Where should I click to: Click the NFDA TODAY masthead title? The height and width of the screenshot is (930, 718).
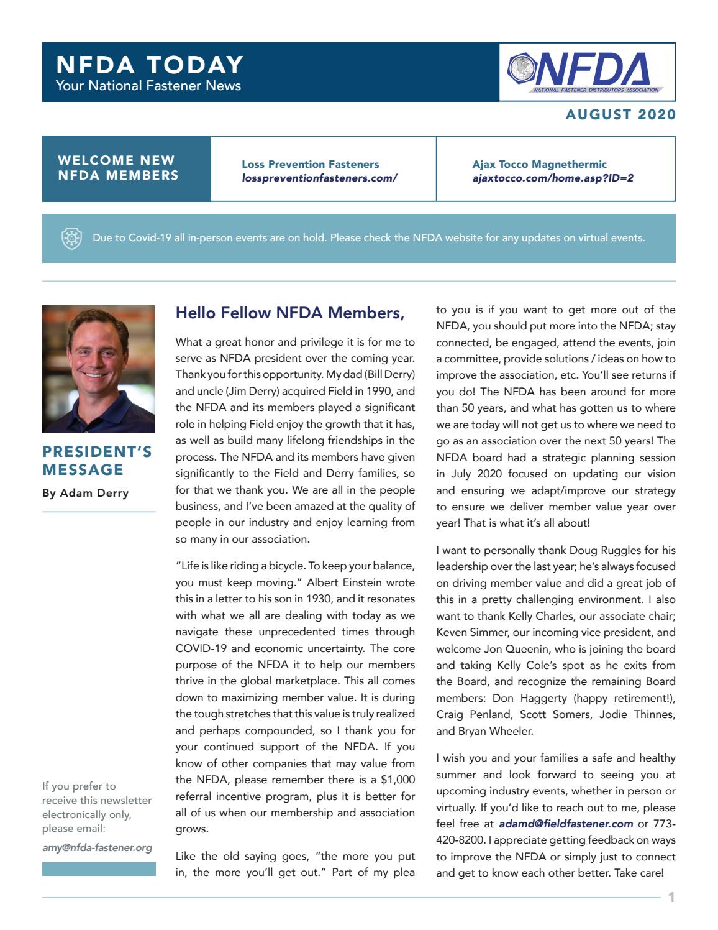tap(149, 65)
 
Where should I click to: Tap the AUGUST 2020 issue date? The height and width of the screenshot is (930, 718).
tap(620, 115)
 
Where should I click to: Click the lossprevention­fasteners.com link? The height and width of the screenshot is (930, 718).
tap(319, 178)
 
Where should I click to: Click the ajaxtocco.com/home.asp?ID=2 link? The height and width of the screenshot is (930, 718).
tap(553, 178)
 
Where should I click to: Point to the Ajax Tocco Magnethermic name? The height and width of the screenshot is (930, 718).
tap(539, 165)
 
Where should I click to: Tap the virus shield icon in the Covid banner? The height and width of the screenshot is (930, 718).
tap(71, 238)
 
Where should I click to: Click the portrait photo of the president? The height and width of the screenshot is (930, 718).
tap(98, 369)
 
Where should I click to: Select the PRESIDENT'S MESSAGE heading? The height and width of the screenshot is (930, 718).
tap(97, 461)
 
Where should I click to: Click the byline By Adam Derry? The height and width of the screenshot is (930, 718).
tap(86, 493)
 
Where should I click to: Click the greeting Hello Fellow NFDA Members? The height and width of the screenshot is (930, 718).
tap(290, 313)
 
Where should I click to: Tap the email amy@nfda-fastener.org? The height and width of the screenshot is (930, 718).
tap(97, 847)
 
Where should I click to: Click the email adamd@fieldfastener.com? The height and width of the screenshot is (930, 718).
tap(566, 824)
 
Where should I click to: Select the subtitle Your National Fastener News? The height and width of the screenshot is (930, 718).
tap(148, 86)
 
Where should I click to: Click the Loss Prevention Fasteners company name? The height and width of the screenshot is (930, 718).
tap(310, 165)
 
